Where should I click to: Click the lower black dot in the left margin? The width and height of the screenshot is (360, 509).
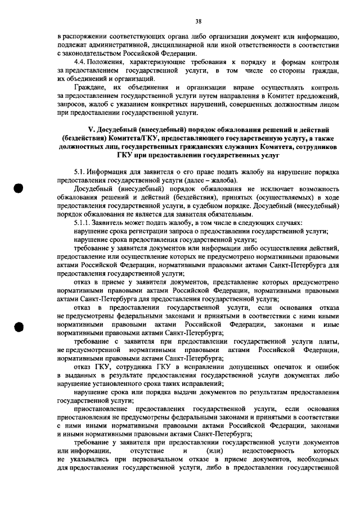coord(19,327)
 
